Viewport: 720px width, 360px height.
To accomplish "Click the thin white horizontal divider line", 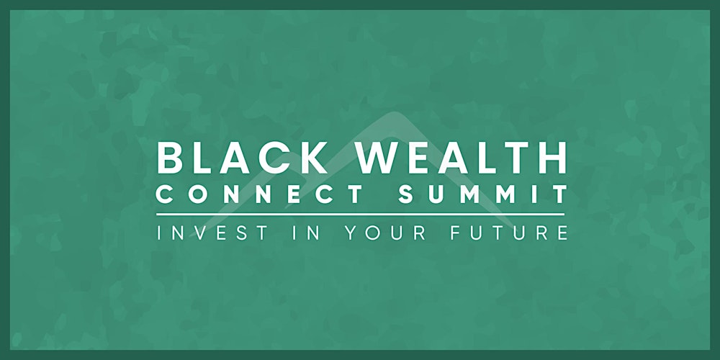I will click(360, 214).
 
